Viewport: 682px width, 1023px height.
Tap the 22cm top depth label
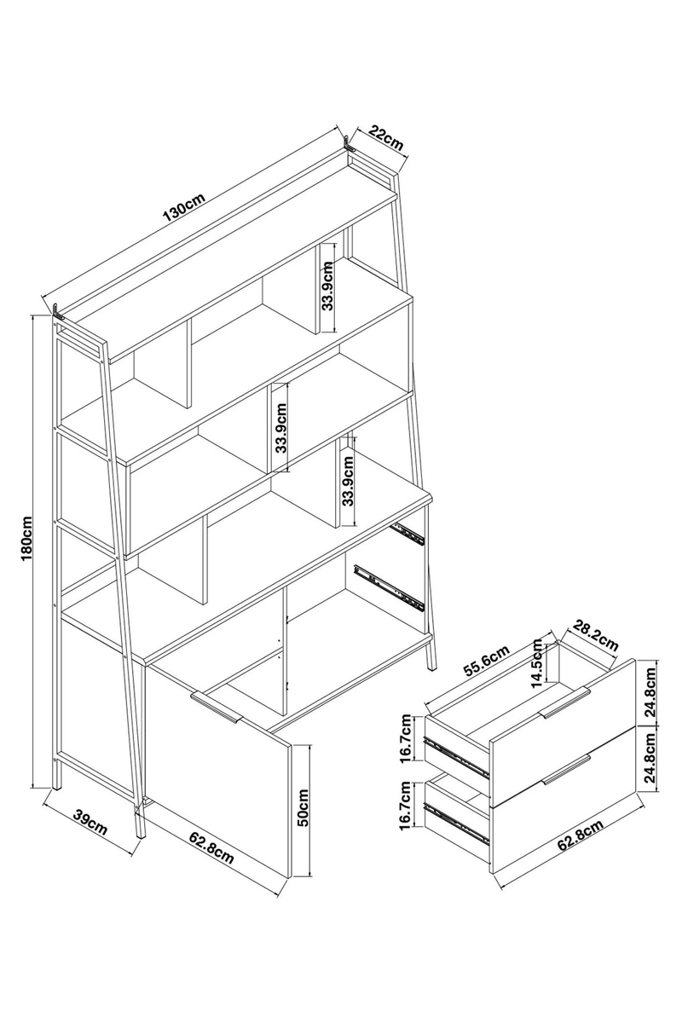[386, 138]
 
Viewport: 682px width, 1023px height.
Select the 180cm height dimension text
[26, 539]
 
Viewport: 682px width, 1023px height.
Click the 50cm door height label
[303, 808]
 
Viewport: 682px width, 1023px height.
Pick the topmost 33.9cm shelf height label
[328, 286]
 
